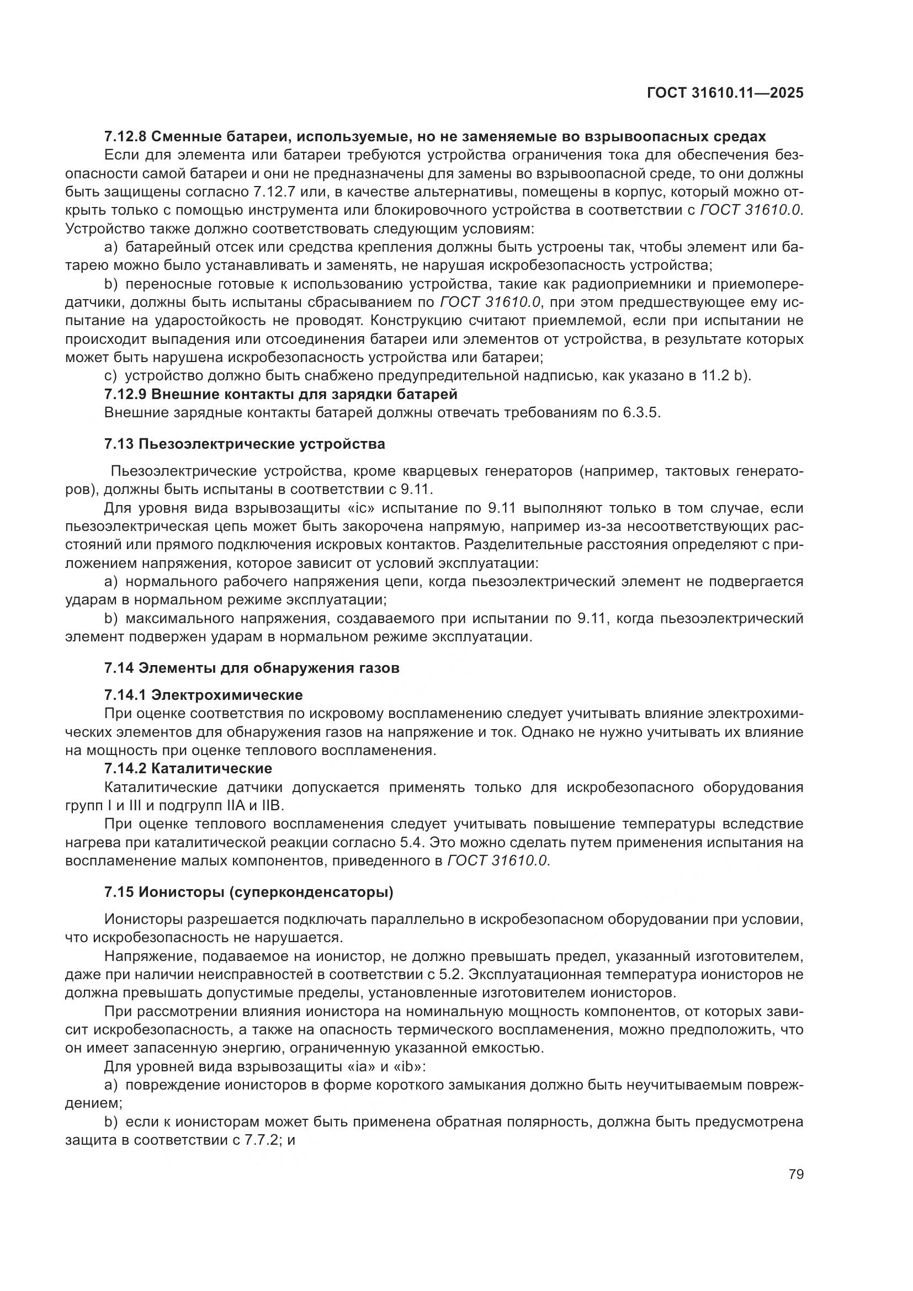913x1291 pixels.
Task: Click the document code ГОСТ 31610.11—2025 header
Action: click(x=725, y=93)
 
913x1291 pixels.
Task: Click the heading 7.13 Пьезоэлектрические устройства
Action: click(x=245, y=444)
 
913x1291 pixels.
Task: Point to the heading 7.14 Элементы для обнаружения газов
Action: click(x=252, y=668)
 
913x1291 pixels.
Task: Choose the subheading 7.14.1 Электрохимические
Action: click(x=204, y=695)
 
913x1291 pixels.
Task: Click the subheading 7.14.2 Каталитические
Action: click(x=188, y=768)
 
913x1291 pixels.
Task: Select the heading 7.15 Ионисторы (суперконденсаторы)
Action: click(x=248, y=892)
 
